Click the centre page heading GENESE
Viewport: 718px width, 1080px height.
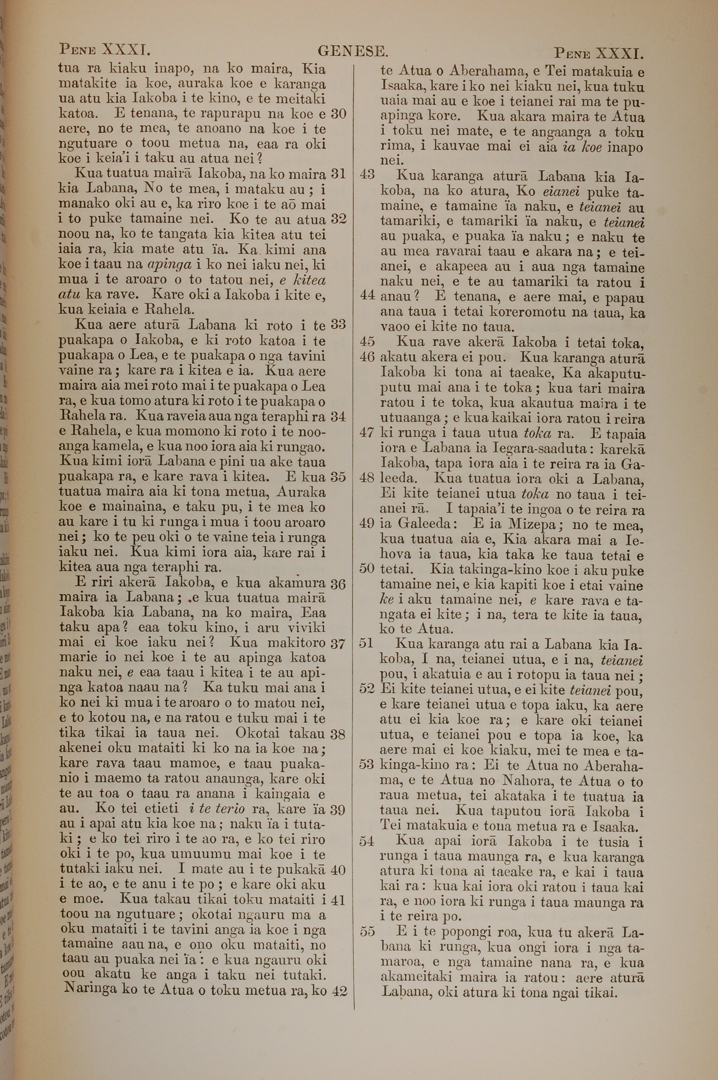pyautogui.click(x=353, y=51)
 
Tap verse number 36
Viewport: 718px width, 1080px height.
pyautogui.click(x=338, y=584)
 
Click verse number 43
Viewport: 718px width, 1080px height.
pyautogui.click(x=368, y=175)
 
